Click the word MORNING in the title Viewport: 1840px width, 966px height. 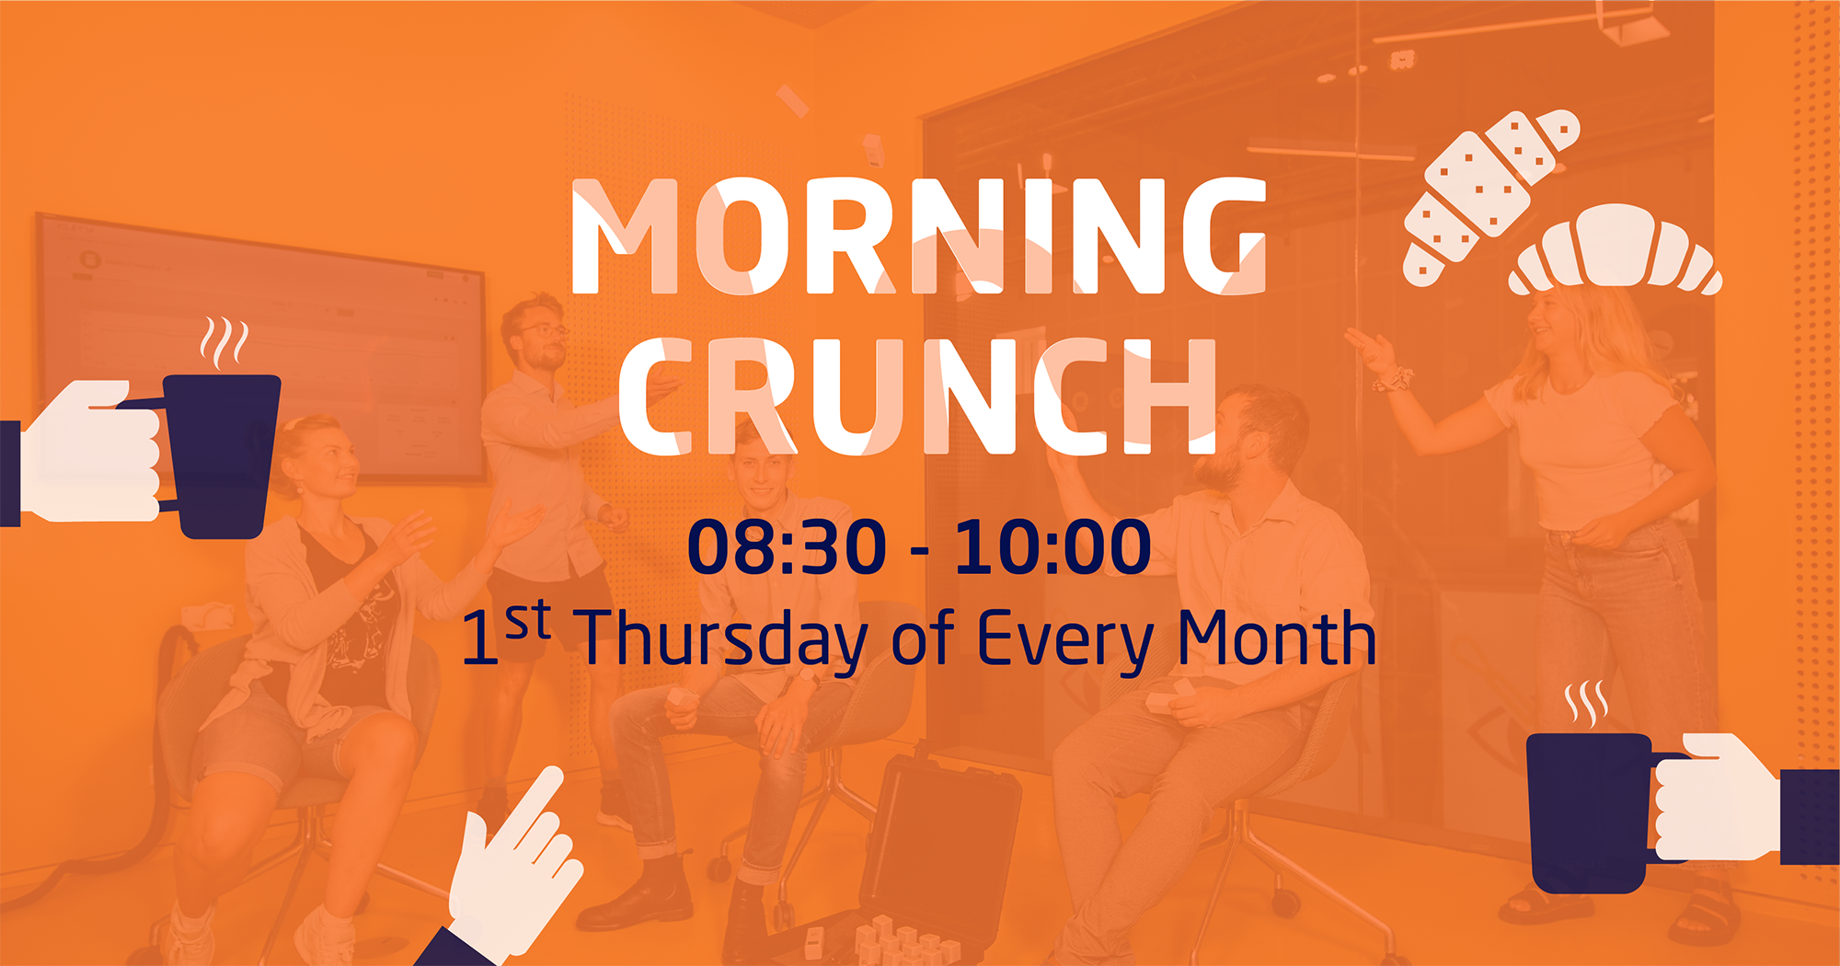click(919, 236)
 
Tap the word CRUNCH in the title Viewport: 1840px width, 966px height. click(917, 397)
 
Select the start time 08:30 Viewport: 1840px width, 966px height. click(787, 547)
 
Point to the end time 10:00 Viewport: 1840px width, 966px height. click(1052, 547)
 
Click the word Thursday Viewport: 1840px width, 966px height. click(725, 639)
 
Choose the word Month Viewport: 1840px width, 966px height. click(1277, 637)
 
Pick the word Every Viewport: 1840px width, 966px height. click(1064, 640)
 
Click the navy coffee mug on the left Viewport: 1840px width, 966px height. click(219, 454)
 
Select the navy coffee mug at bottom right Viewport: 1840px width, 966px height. click(1592, 812)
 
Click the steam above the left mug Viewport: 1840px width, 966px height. click(224, 342)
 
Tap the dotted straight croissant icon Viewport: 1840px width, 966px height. click(1490, 195)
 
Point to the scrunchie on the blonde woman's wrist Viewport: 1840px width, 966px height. click(1392, 378)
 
